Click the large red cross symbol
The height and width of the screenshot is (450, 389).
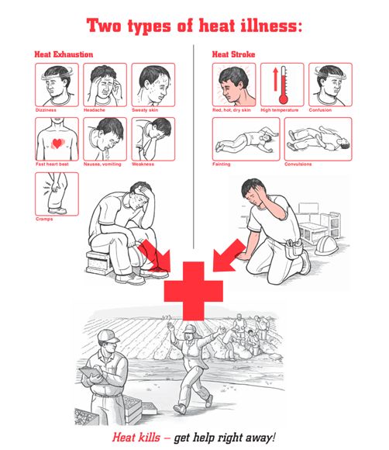(x=194, y=291)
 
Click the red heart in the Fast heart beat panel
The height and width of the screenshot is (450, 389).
(x=57, y=143)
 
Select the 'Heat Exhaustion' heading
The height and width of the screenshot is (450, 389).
(x=64, y=54)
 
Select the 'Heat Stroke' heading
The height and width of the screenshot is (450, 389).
(x=233, y=54)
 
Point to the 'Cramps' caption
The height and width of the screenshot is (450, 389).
(x=44, y=219)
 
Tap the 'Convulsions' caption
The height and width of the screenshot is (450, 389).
(x=298, y=164)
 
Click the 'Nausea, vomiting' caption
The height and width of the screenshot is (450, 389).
(x=102, y=164)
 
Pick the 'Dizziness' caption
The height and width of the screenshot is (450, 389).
(x=46, y=110)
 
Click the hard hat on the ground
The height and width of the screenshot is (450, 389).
(x=326, y=246)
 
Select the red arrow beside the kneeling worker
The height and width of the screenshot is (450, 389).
(x=228, y=256)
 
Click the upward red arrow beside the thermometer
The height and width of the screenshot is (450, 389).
(x=276, y=79)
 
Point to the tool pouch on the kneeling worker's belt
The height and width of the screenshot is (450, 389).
(x=293, y=248)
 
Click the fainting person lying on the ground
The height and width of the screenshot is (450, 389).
(x=246, y=140)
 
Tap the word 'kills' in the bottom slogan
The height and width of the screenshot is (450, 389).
(x=148, y=438)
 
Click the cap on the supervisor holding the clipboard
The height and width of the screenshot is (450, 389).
(x=108, y=336)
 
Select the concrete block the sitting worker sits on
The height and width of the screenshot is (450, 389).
(x=99, y=262)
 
